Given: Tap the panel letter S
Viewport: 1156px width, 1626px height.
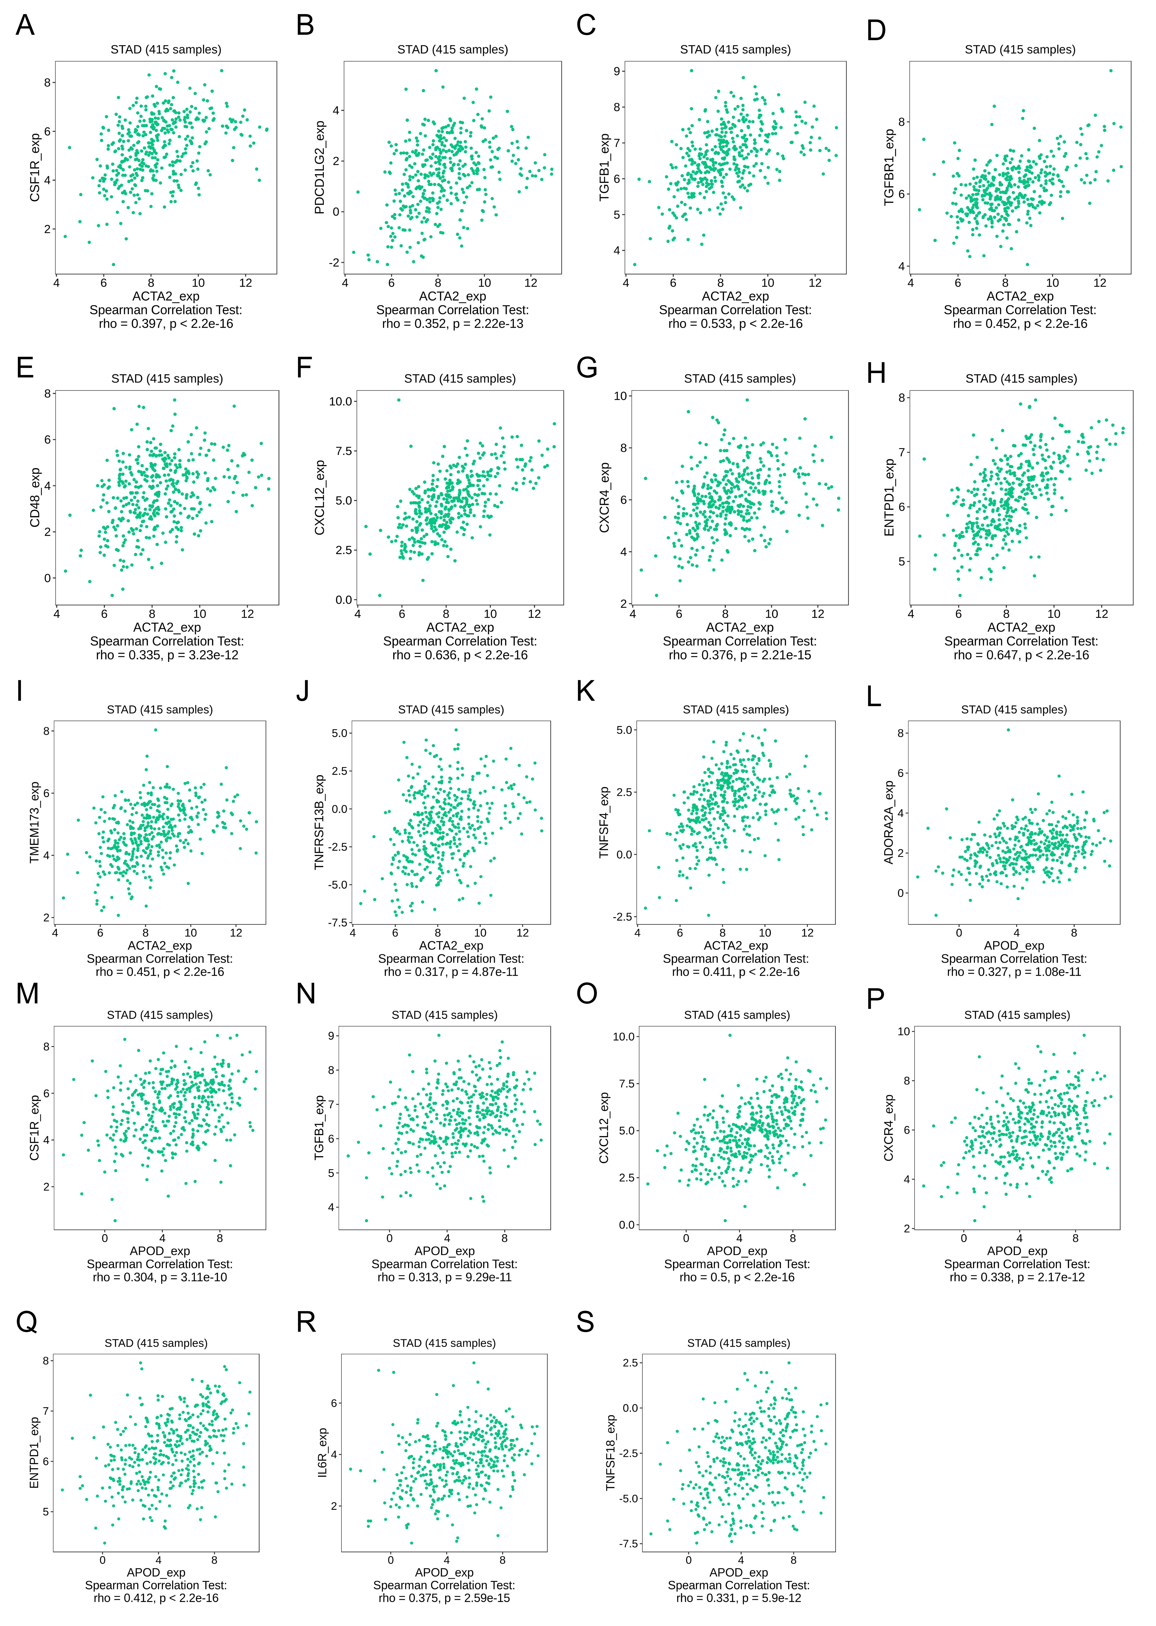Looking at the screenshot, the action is (x=585, y=1322).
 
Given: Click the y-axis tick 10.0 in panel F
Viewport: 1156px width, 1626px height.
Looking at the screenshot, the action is (x=341, y=401).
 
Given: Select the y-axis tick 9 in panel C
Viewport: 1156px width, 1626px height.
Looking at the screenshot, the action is (x=617, y=71).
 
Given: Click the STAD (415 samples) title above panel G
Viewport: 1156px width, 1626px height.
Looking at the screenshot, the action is (x=740, y=379).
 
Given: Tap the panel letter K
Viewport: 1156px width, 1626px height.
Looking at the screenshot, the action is (x=586, y=691).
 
